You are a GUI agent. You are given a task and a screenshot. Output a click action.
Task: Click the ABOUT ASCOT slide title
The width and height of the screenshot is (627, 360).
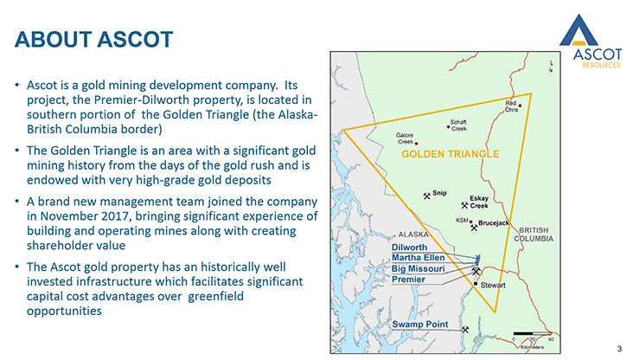(94, 39)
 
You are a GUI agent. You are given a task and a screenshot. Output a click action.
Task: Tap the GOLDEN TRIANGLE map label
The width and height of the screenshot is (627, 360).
(451, 154)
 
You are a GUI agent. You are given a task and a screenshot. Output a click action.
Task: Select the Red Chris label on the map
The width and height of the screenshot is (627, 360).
(511, 106)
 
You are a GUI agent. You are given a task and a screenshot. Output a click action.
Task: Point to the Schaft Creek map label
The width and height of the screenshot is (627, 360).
(458, 125)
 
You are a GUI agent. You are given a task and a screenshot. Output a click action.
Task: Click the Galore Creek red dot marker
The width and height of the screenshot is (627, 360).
(416, 143)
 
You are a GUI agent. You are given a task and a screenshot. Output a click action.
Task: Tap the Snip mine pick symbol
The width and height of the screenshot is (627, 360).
(426, 196)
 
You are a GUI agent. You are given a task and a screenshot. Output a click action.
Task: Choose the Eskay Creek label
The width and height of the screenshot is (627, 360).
(478, 202)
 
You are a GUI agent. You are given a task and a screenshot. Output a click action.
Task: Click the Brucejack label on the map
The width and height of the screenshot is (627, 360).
(494, 222)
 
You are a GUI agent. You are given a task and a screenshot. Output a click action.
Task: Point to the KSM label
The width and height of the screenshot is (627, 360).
(462, 221)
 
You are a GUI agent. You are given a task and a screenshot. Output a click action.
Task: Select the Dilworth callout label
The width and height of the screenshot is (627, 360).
(409, 247)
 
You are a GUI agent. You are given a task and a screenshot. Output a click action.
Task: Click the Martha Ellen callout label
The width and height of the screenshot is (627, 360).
(418, 258)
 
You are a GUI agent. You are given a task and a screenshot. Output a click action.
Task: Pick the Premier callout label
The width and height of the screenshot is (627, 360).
(408, 280)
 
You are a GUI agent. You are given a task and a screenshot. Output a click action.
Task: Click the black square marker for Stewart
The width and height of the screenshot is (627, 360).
(476, 284)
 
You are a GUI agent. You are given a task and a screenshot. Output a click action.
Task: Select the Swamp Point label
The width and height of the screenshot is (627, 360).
(419, 324)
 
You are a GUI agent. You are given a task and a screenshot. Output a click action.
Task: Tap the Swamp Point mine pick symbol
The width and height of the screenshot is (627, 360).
(465, 330)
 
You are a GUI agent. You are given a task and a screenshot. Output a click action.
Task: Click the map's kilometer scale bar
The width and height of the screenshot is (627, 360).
(532, 333)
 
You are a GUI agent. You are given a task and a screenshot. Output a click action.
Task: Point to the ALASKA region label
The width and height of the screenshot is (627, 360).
(413, 235)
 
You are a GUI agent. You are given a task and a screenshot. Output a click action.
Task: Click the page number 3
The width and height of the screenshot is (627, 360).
(619, 349)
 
